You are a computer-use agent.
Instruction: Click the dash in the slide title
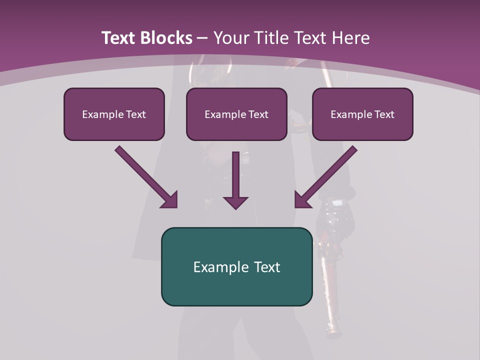click(202, 38)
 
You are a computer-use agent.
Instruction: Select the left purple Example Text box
click(114, 114)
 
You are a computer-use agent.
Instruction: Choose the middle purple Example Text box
click(236, 114)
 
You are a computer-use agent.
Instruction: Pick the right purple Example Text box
click(362, 114)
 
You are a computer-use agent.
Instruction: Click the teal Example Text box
click(236, 267)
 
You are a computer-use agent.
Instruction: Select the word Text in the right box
click(384, 114)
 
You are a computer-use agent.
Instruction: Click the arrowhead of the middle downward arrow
click(235, 202)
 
